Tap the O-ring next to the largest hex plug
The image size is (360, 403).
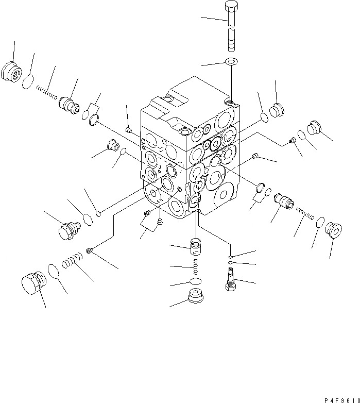pos(53,271)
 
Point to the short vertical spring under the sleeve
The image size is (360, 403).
pos(196,267)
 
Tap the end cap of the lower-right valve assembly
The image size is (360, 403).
pos(333,231)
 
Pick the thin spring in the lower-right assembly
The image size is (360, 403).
pos(304,213)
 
